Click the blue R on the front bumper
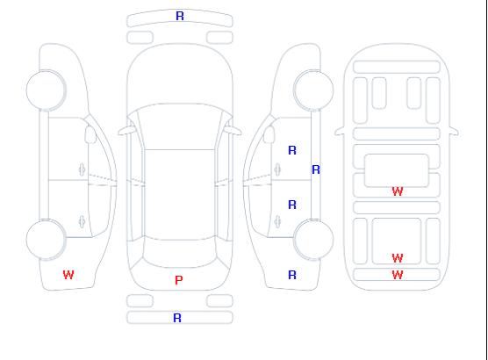click(x=180, y=16)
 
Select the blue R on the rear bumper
click(x=177, y=318)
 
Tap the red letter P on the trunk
click(x=179, y=280)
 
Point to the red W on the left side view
click(x=68, y=275)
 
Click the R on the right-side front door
click(x=292, y=150)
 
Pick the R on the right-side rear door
click(x=292, y=205)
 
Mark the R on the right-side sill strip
click(x=316, y=169)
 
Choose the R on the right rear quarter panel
click(x=292, y=275)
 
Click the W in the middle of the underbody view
click(x=398, y=191)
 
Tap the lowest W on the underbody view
click(x=398, y=275)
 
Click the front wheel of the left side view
click(x=46, y=90)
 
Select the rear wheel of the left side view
click(x=46, y=240)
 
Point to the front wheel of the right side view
click(x=313, y=90)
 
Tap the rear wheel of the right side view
click(x=313, y=240)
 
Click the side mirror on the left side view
click(x=90, y=134)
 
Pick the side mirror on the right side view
click(x=269, y=134)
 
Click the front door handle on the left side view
click(x=82, y=169)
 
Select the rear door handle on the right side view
click(x=277, y=221)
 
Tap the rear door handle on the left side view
click(x=82, y=221)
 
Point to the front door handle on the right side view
click(x=277, y=169)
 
